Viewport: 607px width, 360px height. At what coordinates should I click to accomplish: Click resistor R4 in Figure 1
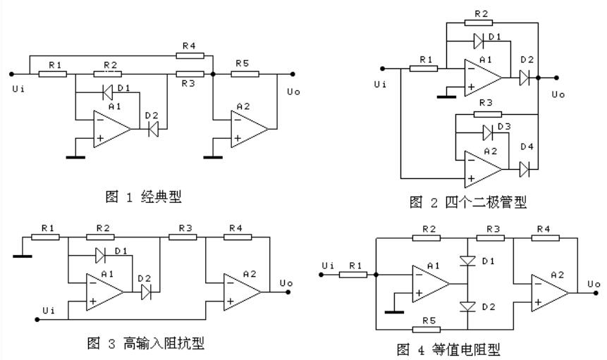[190, 54]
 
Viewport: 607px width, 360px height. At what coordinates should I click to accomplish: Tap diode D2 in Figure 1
[153, 128]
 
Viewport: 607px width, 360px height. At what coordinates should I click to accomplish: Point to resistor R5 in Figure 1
[245, 73]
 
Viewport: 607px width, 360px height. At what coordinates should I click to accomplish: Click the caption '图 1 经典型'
[143, 197]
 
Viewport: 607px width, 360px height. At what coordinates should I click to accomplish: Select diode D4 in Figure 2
[524, 169]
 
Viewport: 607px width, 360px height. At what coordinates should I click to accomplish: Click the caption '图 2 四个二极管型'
[467, 203]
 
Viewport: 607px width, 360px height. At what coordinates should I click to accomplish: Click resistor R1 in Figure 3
[47, 237]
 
